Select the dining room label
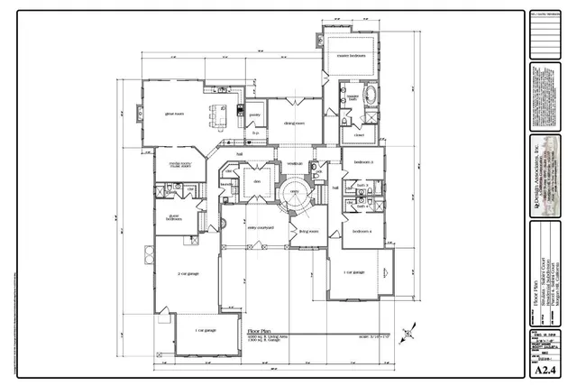coord(295,124)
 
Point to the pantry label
coord(255,115)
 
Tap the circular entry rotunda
coord(294,192)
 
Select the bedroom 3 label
coord(363,161)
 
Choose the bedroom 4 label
coord(362,232)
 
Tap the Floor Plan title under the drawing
coord(259,332)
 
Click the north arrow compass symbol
coord(411,332)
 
